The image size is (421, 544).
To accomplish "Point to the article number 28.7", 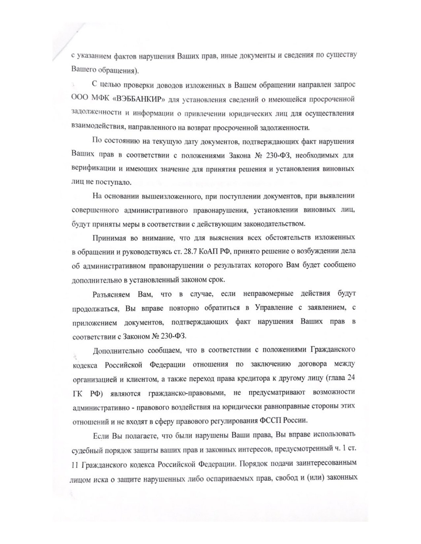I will point(197,252).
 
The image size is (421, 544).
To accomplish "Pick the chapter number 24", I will point(351,378).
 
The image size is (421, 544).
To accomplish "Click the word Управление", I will point(274,308).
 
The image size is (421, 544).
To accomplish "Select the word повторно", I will point(184,308).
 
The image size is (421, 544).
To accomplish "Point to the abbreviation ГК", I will point(77,394).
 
